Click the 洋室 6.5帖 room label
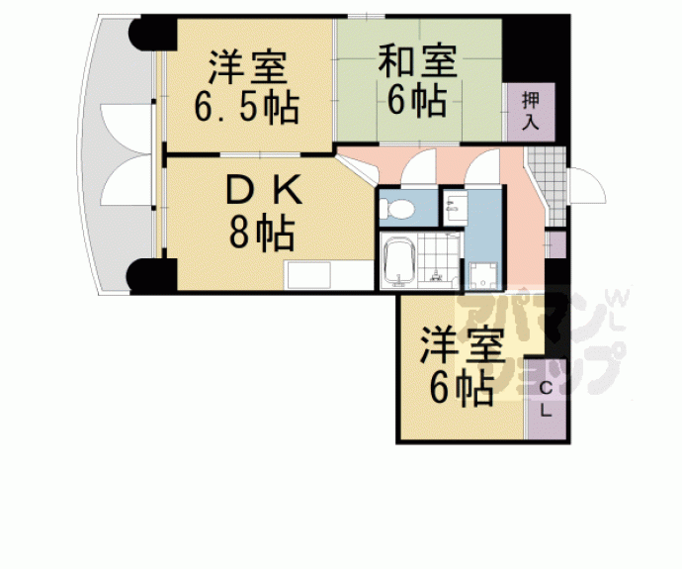[247, 87]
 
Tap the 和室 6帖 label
[417, 80]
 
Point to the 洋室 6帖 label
[462, 368]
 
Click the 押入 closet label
[531, 112]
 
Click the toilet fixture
[395, 209]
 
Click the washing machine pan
[483, 275]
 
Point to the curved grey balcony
[117, 155]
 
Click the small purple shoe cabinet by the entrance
[555, 244]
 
